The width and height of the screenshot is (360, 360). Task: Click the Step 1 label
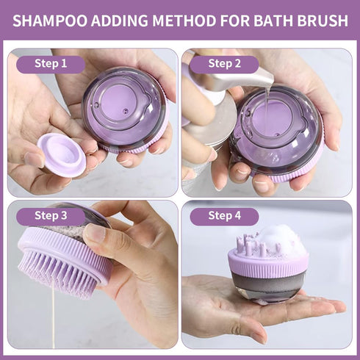click(51, 63)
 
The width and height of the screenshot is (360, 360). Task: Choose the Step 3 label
click(51, 215)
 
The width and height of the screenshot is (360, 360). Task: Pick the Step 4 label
click(224, 215)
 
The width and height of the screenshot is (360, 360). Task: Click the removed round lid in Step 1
click(62, 154)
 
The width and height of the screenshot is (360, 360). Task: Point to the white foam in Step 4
click(280, 240)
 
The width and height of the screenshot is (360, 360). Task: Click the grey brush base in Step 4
click(268, 287)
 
